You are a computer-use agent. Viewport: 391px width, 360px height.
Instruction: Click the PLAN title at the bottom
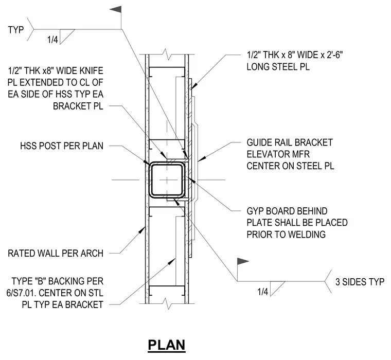point(167,345)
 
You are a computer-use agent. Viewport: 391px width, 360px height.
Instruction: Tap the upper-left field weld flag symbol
point(116,9)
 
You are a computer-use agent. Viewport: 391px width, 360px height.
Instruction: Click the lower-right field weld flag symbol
point(243,262)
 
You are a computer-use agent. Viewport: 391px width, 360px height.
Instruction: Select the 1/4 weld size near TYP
point(52,40)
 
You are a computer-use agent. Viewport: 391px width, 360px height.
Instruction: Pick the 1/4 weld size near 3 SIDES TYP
point(263,292)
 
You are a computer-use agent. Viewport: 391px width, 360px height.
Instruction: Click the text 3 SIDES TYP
point(360,282)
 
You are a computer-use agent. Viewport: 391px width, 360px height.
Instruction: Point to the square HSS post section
point(167,179)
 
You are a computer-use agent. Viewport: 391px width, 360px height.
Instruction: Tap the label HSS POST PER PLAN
point(62,146)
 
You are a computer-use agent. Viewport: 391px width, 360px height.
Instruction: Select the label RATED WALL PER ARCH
point(56,254)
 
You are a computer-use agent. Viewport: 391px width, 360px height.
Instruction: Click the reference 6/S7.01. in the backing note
point(21,293)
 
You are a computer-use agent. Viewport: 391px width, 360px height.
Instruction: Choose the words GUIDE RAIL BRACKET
point(290,142)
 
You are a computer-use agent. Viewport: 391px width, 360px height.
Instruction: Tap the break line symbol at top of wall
point(167,55)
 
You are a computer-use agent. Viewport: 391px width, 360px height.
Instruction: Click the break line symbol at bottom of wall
point(167,303)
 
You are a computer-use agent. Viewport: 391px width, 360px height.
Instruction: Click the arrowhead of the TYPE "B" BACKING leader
point(172,261)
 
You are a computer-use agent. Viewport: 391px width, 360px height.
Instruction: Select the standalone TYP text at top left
point(16,30)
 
